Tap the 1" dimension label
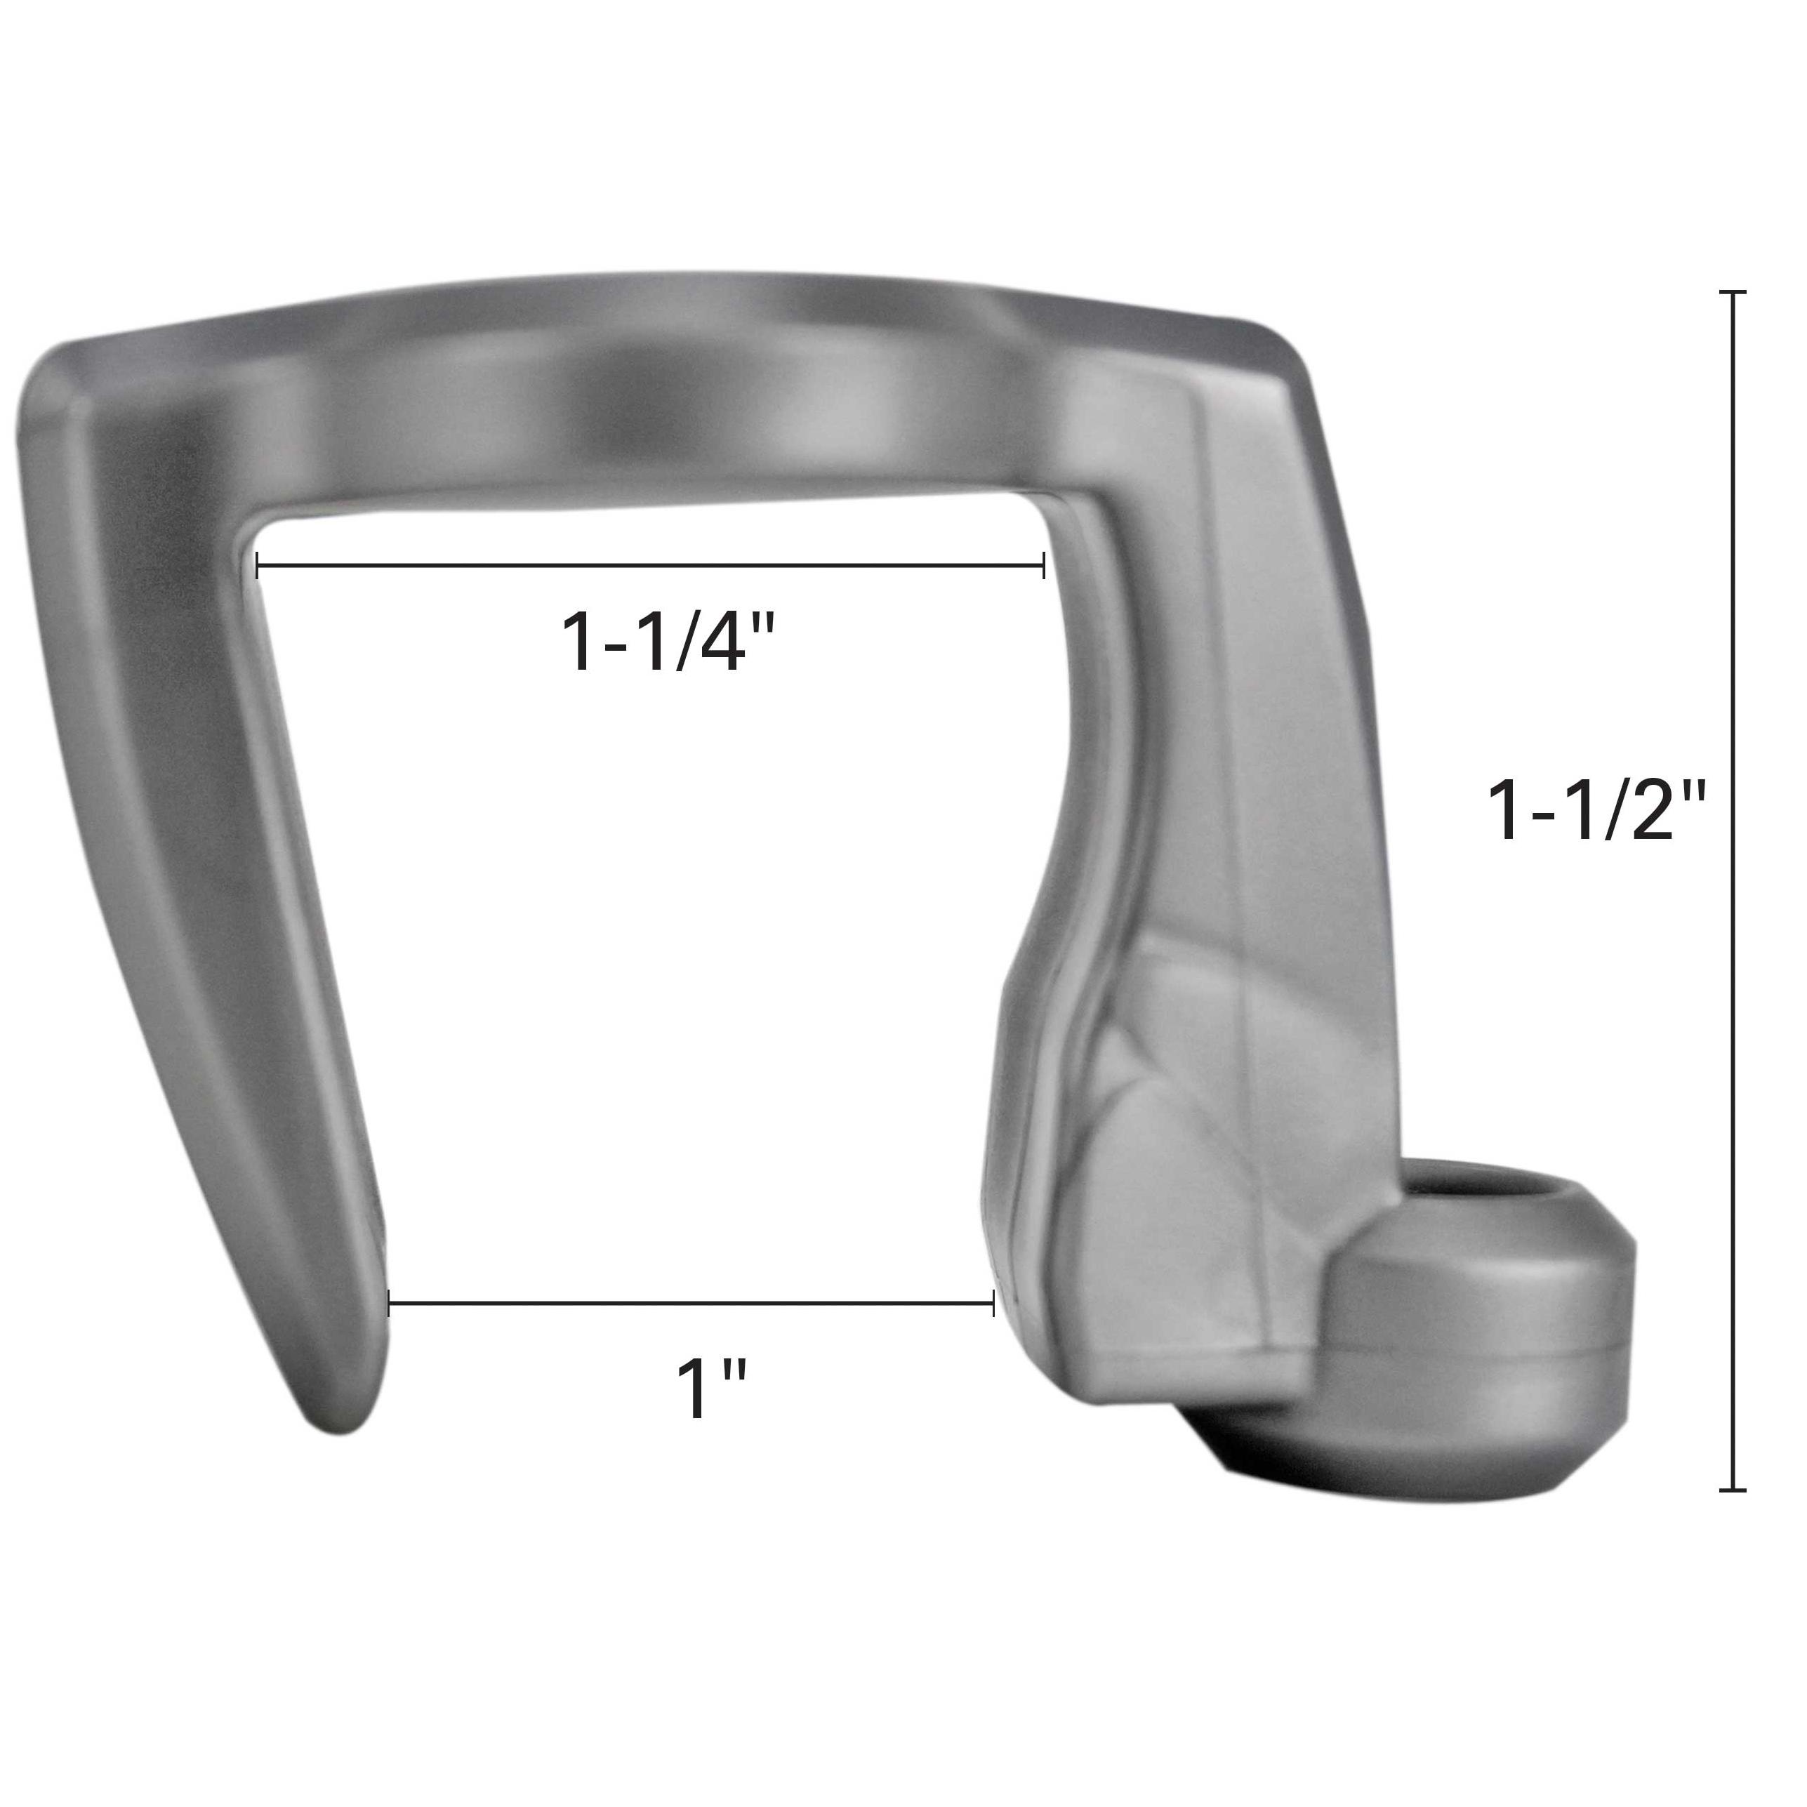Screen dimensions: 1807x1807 pyautogui.click(x=711, y=1390)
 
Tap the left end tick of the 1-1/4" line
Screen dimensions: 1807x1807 pyautogui.click(x=257, y=565)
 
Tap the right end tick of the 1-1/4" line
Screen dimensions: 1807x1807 pyautogui.click(x=1043, y=565)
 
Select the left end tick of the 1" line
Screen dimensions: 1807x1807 pyautogui.click(x=389, y=1303)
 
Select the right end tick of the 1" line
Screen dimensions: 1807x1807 pyautogui.click(x=993, y=1303)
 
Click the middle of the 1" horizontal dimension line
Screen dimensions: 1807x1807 pyautogui.click(x=690, y=1303)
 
